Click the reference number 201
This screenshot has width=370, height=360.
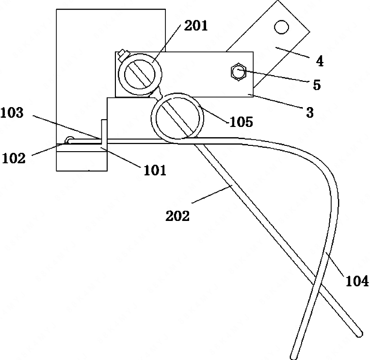(196, 26)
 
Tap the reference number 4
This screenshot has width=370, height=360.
(320, 62)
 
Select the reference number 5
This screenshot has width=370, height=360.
(317, 85)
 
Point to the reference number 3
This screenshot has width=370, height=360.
(310, 112)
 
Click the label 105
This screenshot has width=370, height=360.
(241, 122)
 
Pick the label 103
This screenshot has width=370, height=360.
(12, 113)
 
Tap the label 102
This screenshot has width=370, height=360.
(14, 158)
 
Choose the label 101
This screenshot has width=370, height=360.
(155, 170)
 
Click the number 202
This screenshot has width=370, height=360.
(177, 216)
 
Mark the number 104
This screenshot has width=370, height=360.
(357, 281)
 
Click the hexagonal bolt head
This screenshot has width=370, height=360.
(238, 72)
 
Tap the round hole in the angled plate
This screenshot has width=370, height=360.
(282, 27)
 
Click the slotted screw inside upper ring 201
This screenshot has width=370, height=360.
(140, 74)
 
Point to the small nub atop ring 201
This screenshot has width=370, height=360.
(124, 55)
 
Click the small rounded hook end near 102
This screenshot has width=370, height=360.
(69, 140)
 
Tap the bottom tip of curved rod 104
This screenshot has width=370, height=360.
(293, 357)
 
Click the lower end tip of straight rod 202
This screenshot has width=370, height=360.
(359, 334)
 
